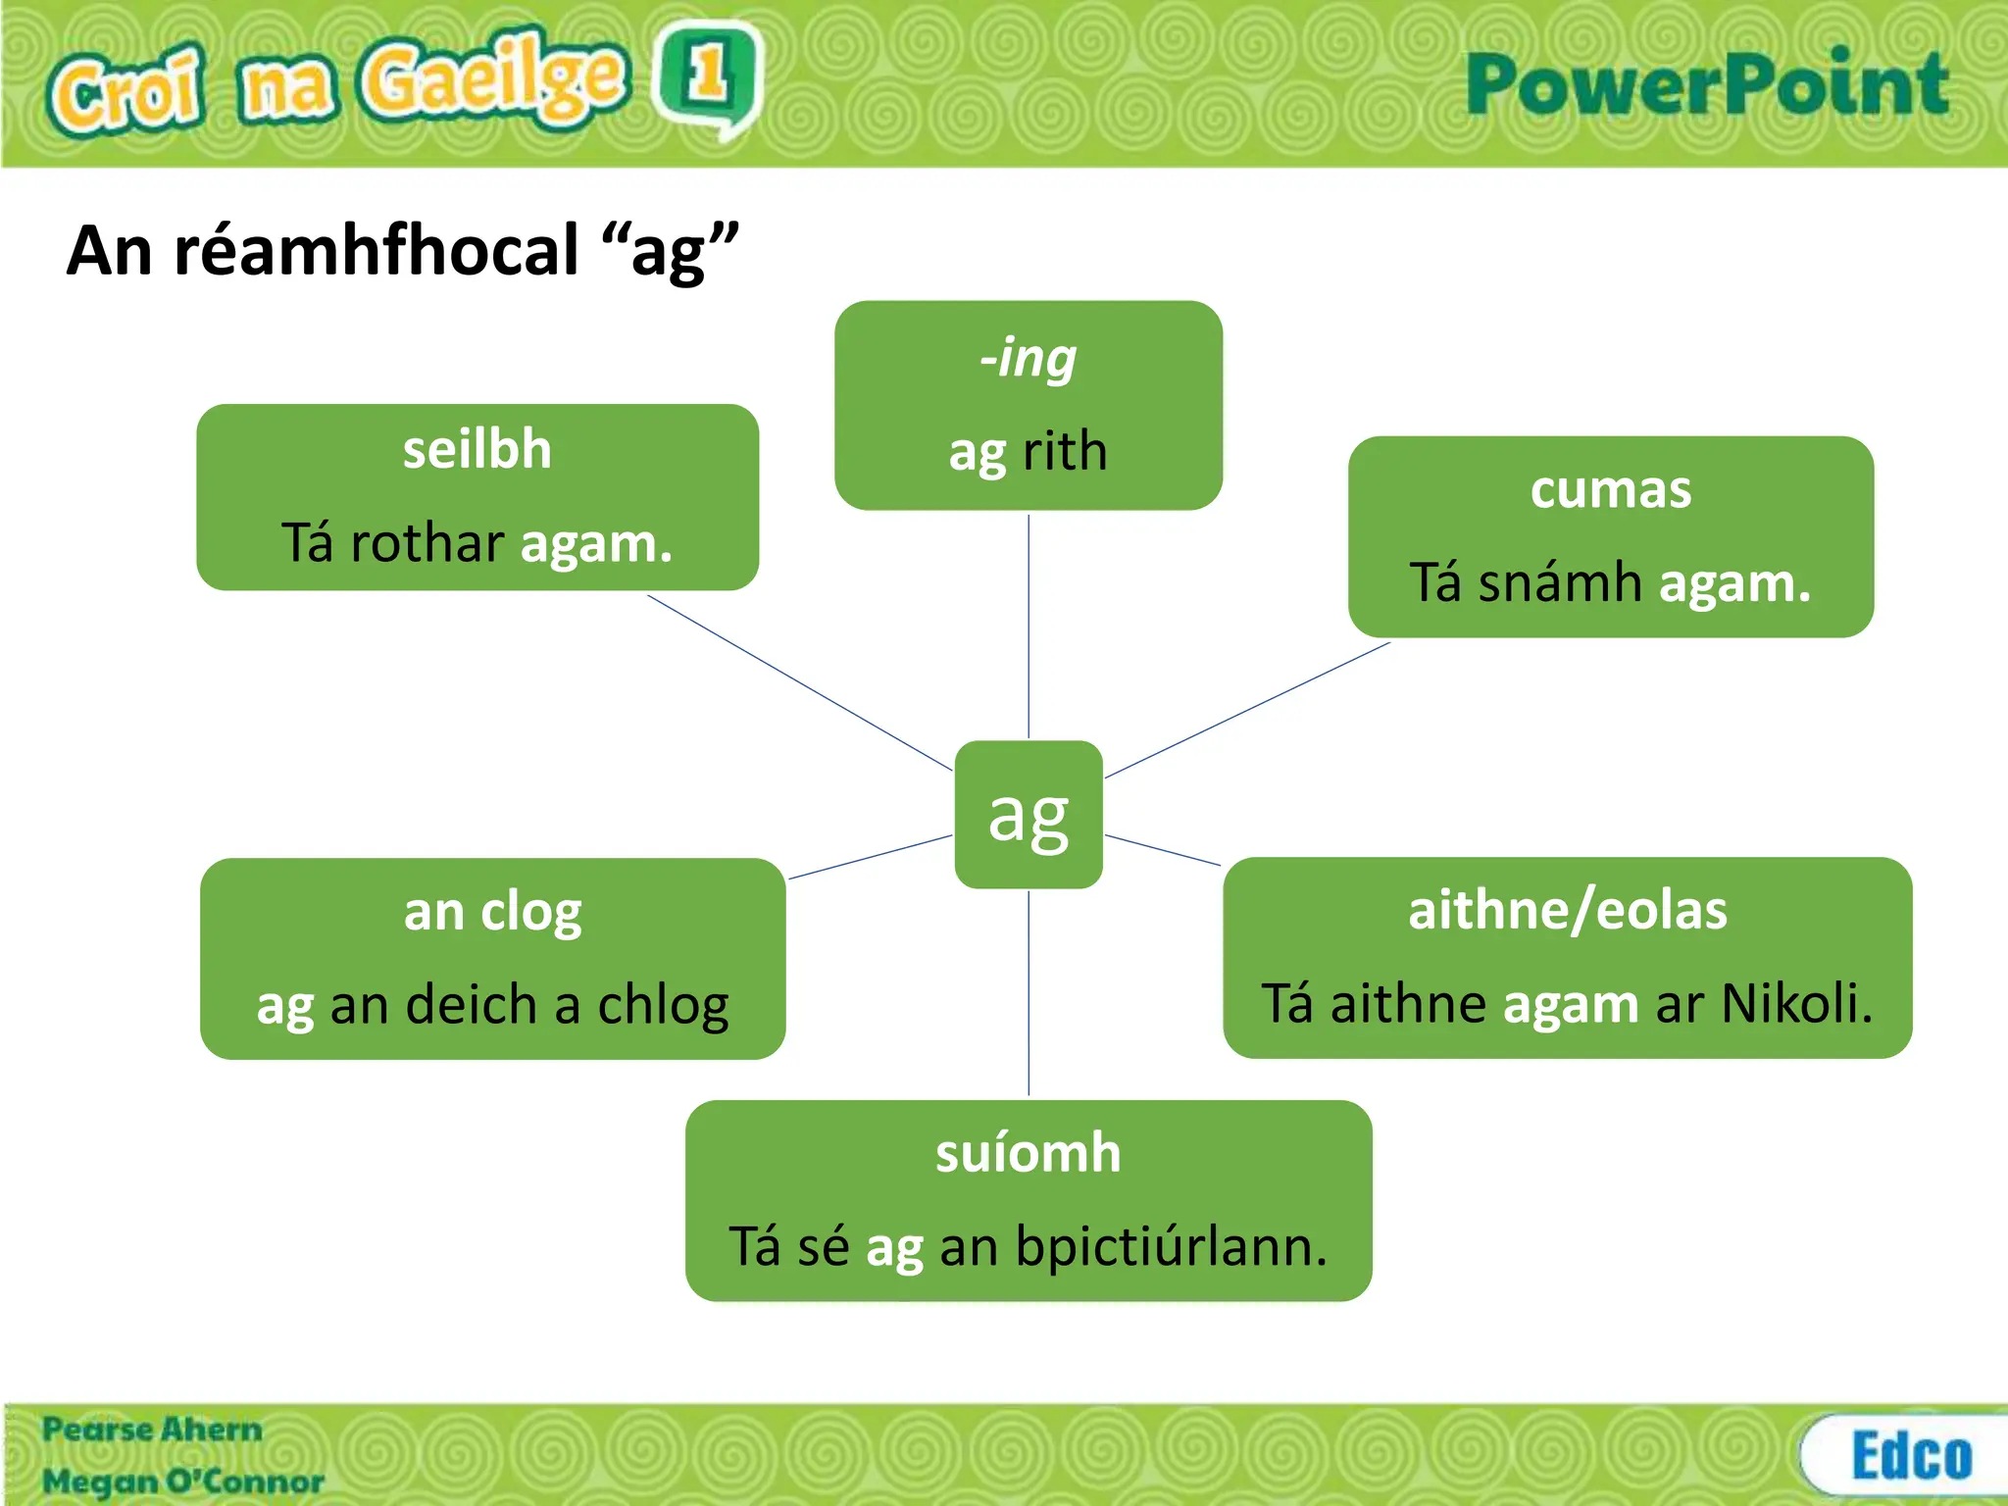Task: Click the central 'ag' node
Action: click(1029, 814)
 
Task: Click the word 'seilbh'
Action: click(477, 450)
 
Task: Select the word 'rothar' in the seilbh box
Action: click(427, 543)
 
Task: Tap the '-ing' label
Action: click(1028, 358)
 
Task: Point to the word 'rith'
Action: click(1065, 452)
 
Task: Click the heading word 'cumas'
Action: click(1611, 489)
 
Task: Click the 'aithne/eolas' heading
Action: click(1567, 910)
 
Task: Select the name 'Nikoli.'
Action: click(1797, 1004)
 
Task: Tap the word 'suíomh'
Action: click(1028, 1153)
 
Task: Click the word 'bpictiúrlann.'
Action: click(1171, 1247)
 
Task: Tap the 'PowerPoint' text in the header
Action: click(1706, 85)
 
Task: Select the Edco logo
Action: click(1910, 1455)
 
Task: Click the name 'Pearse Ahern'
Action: click(152, 1430)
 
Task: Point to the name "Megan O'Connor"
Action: click(182, 1481)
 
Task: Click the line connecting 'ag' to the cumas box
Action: click(1247, 710)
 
